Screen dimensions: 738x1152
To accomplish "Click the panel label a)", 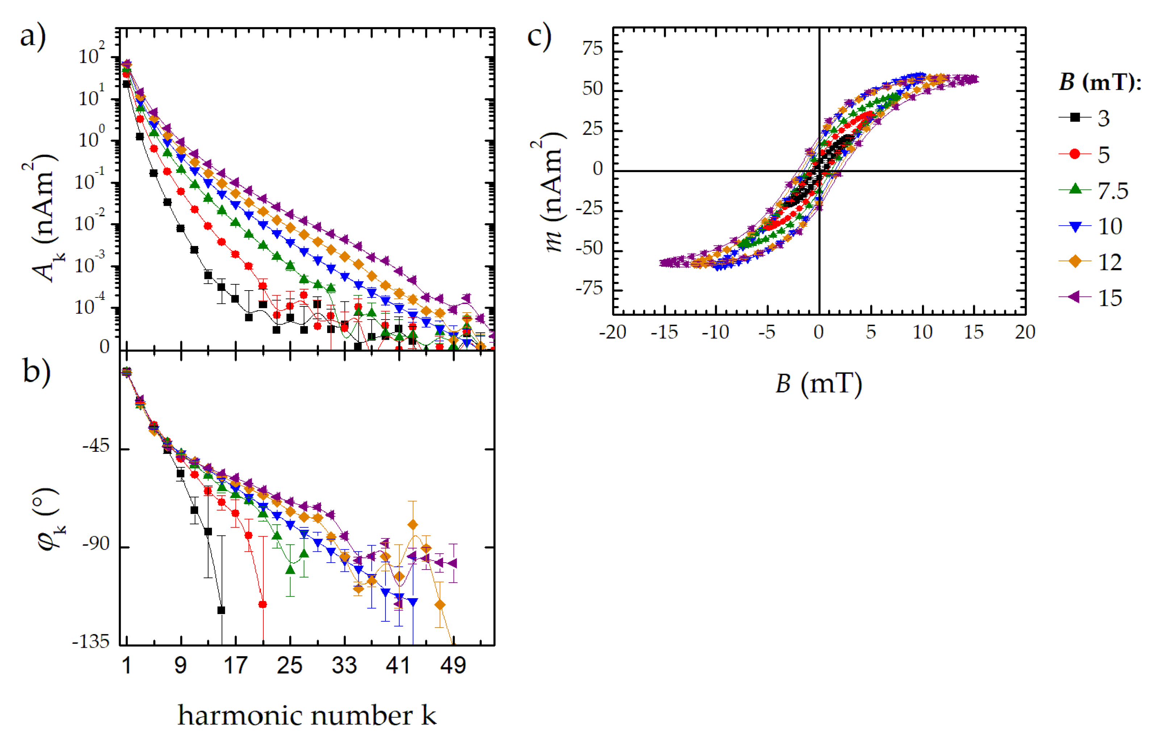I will coord(33,37).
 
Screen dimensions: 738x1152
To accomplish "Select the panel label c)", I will coord(539,37).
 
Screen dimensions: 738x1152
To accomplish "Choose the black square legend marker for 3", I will coord(1075,117).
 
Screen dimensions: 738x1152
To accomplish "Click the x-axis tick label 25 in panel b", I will coord(289,666).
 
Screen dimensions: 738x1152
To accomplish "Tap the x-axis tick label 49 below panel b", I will coord(453,666).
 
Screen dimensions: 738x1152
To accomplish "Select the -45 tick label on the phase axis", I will coord(96,447).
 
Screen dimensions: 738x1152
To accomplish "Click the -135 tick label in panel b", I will coord(91,642).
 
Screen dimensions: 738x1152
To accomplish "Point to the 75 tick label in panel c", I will coord(592,49).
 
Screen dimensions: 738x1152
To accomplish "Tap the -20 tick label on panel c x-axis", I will coord(613,332).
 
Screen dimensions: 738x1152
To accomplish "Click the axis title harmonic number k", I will coord(307,716).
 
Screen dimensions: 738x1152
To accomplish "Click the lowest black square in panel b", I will coord(221,610).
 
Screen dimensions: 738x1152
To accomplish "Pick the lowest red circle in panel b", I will coord(263,604).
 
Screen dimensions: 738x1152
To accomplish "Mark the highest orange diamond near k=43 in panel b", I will coord(413,525).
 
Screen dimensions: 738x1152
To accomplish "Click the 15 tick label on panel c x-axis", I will coord(973,332).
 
